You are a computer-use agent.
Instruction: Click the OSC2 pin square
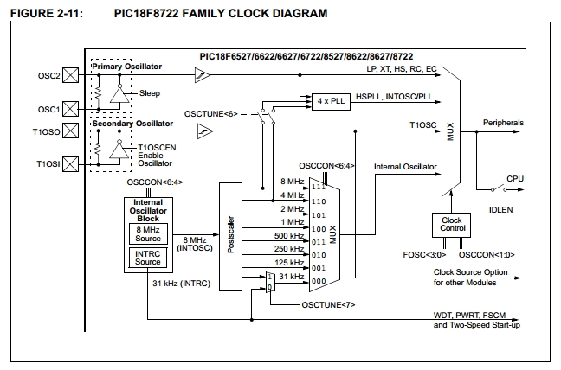coord(74,76)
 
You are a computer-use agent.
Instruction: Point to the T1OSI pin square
coord(74,162)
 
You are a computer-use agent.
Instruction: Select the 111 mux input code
coord(320,187)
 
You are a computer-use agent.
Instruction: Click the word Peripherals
coord(503,124)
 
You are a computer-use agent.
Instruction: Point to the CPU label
coord(515,178)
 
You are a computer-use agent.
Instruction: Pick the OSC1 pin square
coord(74,109)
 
